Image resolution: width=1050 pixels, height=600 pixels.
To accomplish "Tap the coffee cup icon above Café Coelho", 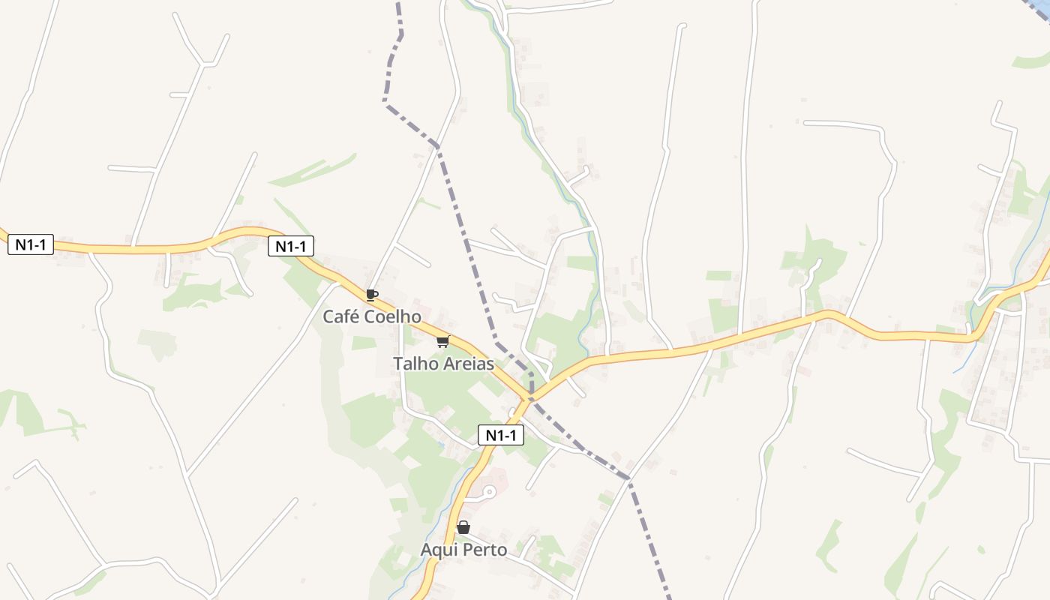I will (x=371, y=295).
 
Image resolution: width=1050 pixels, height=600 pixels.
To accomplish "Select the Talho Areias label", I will (x=443, y=364).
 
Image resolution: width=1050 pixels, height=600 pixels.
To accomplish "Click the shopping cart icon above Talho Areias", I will (x=442, y=342).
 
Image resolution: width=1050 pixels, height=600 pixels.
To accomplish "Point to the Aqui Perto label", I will (x=463, y=550).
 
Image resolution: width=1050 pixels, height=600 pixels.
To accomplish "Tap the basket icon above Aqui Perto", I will (x=463, y=527).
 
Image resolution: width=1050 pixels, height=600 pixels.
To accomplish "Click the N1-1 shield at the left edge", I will (x=31, y=244).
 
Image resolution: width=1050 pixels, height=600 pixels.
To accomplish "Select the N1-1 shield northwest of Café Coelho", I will (x=291, y=246).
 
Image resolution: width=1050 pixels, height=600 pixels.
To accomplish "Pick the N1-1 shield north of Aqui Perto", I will (x=501, y=435).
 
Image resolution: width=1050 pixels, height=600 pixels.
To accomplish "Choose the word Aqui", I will (x=439, y=550).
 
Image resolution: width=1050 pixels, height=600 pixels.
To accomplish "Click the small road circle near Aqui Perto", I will (x=489, y=492).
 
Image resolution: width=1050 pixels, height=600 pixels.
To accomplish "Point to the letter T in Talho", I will (x=397, y=364).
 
